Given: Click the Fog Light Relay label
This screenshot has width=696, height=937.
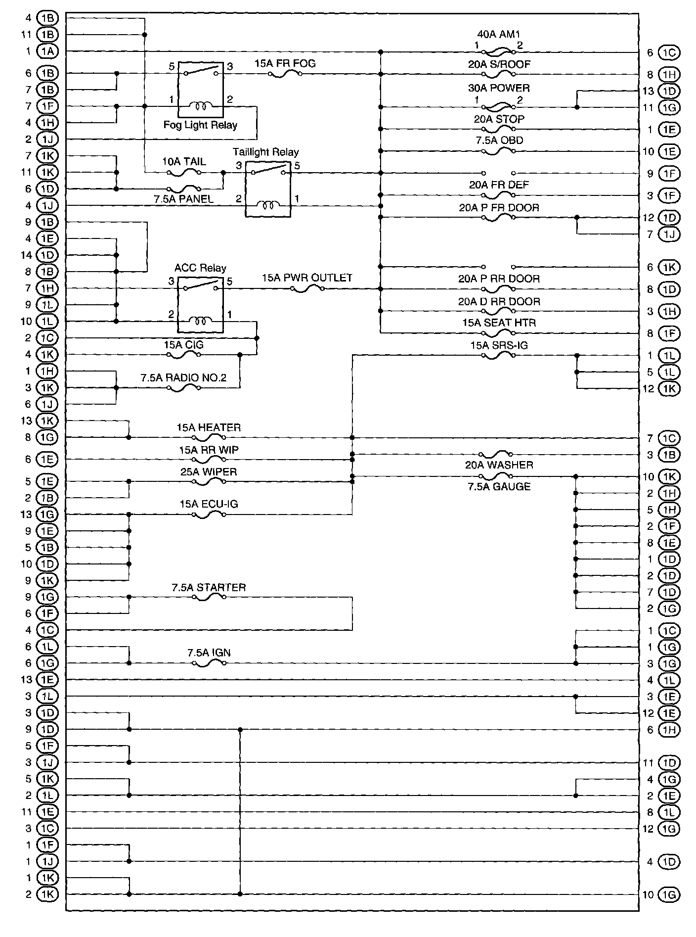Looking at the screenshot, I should point(200,125).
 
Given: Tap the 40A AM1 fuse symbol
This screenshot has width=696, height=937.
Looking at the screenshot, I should point(498,51).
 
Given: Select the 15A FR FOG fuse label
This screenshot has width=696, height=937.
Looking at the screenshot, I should point(285,63).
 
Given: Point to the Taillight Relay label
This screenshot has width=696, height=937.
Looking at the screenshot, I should point(266,152).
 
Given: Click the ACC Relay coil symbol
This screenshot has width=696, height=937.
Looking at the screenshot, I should point(200,321).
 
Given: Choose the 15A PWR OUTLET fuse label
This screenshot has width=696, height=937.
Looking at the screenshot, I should point(307,278).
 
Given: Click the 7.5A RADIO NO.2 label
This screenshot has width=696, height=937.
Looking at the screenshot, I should point(183,378).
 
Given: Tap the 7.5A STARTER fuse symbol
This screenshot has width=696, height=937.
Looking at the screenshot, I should point(209,597).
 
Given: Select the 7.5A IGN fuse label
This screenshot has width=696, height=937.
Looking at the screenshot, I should point(209,653).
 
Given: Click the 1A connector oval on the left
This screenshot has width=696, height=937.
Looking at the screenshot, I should point(47,51).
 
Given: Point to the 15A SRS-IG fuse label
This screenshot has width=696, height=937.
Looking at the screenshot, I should point(498,345).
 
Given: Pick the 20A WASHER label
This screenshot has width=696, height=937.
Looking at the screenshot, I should point(499,465).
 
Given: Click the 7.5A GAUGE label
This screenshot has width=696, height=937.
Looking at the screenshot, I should point(499,486).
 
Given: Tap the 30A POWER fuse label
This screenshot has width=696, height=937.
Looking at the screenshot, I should point(499,88).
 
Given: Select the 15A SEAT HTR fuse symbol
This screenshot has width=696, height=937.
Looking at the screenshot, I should point(498,333).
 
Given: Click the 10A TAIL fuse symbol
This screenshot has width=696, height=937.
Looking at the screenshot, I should point(184,173).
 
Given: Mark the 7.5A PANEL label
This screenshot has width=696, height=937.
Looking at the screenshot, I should point(183,199).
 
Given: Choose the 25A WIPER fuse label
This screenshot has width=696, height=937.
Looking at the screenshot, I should point(209,471).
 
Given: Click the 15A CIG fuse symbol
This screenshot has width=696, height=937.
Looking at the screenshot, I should point(184,355).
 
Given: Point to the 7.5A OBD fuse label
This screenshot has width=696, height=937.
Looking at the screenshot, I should point(499,140).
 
